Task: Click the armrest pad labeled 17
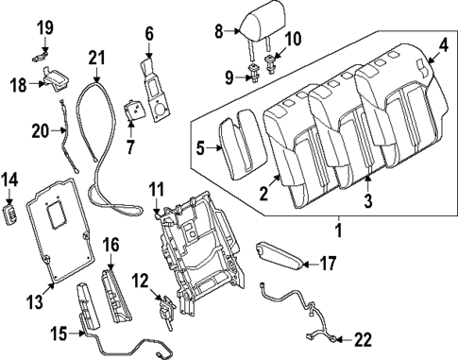pos(281,251)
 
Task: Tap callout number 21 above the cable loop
pos(94,60)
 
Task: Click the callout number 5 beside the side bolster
pos(199,147)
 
